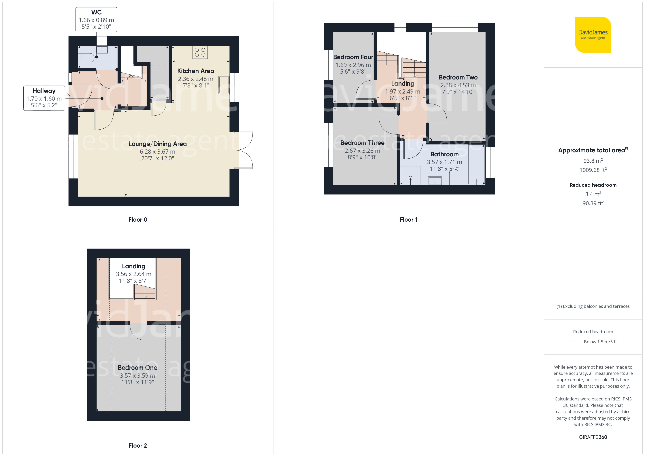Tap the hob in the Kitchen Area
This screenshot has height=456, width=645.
coord(200,52)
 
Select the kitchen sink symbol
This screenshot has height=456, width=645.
coord(224,85)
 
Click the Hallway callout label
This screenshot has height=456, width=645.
coord(44,98)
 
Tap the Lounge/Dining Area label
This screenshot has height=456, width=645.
coord(158,144)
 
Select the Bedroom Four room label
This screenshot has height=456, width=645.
coord(353,57)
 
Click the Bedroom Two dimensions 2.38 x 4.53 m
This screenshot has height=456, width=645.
coord(458,85)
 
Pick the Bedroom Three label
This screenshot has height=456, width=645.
coord(362,143)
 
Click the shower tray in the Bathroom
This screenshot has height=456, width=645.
coord(410,176)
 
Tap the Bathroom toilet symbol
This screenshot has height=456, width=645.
coord(454,177)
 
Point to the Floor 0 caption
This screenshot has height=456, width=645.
coord(138,220)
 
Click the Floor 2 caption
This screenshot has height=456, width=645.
coord(138,446)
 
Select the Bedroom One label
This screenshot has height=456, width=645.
coord(137,368)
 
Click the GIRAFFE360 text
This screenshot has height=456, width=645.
coord(593,437)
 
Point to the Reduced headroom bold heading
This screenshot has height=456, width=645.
coord(593,185)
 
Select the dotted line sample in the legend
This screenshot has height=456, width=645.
coord(574,342)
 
